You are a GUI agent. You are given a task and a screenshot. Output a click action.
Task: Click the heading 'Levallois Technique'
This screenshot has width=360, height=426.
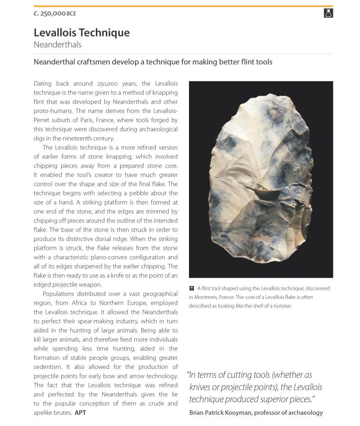click(x=81, y=32)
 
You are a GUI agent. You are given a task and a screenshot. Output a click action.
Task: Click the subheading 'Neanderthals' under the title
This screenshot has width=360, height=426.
click(x=57, y=45)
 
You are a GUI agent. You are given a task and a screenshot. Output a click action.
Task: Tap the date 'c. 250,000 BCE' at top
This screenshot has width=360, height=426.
click(x=54, y=14)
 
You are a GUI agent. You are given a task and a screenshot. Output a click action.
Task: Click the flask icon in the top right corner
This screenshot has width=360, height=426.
click(x=328, y=13)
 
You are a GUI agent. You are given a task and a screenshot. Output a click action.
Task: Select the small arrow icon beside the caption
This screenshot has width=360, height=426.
click(x=192, y=288)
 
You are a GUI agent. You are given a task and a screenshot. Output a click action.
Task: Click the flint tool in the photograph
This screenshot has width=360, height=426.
click(x=261, y=180)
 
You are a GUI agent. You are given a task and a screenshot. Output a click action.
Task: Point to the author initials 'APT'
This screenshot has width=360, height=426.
click(x=80, y=412)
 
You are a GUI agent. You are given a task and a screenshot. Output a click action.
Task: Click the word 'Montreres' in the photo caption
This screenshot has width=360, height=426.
click(x=210, y=297)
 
